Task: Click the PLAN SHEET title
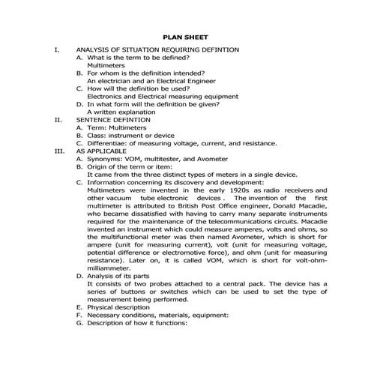point(186,37)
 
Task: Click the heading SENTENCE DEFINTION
point(113,120)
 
